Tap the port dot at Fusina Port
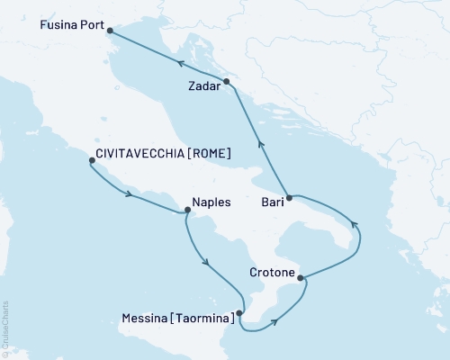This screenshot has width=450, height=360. pos(110,31)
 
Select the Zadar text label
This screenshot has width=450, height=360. pos(204,87)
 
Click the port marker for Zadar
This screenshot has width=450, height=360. pos(227,82)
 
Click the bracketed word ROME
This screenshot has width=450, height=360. pos(211,155)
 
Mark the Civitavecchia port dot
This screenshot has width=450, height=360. pos(91,162)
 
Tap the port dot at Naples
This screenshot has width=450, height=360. pos(187,211)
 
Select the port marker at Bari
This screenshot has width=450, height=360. pos(289,196)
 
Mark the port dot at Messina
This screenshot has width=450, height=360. pos(239,313)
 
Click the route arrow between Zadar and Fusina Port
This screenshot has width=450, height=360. pos(180,64)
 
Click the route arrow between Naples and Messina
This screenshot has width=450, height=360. pos(207,263)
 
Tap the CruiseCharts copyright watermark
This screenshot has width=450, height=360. pos(5,328)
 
